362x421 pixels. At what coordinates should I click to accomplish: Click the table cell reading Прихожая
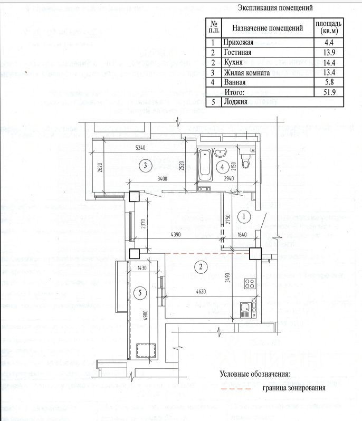pyautogui.click(x=239, y=42)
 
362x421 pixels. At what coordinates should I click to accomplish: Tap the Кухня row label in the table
pyautogui.click(x=233, y=62)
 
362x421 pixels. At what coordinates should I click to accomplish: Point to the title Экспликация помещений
pyautogui.click(x=275, y=8)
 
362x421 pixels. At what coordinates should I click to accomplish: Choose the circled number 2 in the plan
pyautogui.click(x=201, y=266)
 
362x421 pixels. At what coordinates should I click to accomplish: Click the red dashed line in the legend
pyautogui.click(x=235, y=389)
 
